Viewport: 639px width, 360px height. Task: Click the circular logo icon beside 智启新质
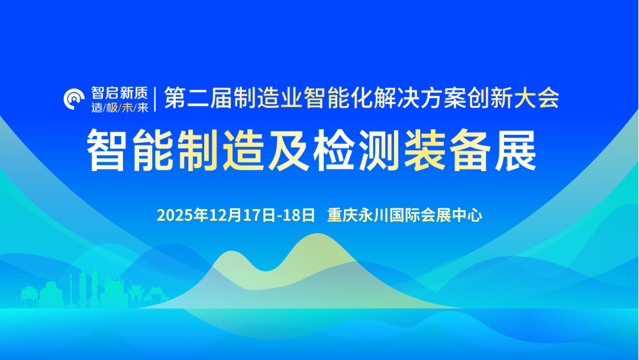click(75, 99)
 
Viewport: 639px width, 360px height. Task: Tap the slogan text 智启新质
click(119, 92)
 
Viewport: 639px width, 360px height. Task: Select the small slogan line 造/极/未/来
click(119, 108)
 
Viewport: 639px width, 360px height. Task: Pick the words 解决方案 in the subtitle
click(408, 98)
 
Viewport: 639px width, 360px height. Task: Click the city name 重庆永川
click(354, 215)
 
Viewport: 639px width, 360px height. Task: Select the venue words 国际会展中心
click(431, 215)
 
